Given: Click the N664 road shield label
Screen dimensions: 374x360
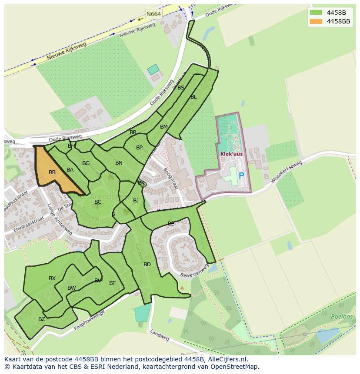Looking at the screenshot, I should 153,14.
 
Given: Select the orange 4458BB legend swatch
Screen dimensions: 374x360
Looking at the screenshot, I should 316,21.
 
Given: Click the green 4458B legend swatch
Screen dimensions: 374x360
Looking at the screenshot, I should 316,13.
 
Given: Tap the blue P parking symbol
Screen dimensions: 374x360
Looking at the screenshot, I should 241,176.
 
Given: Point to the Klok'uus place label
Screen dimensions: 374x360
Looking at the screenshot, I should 231,154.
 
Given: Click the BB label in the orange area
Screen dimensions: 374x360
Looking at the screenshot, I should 52,172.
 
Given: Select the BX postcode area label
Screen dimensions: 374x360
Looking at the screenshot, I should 52,278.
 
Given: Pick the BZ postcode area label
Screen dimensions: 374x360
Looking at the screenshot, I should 42,319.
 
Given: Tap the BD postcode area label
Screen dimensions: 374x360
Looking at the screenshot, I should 147,265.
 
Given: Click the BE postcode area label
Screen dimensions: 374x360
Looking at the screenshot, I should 171,224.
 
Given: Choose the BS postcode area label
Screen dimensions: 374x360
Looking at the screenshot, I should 181,88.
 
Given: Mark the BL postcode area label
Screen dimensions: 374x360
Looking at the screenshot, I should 193,97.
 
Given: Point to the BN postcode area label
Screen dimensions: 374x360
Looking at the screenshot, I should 119,163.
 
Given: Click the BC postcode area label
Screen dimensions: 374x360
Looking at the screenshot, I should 98,202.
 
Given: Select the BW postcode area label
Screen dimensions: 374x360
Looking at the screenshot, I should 72,288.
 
